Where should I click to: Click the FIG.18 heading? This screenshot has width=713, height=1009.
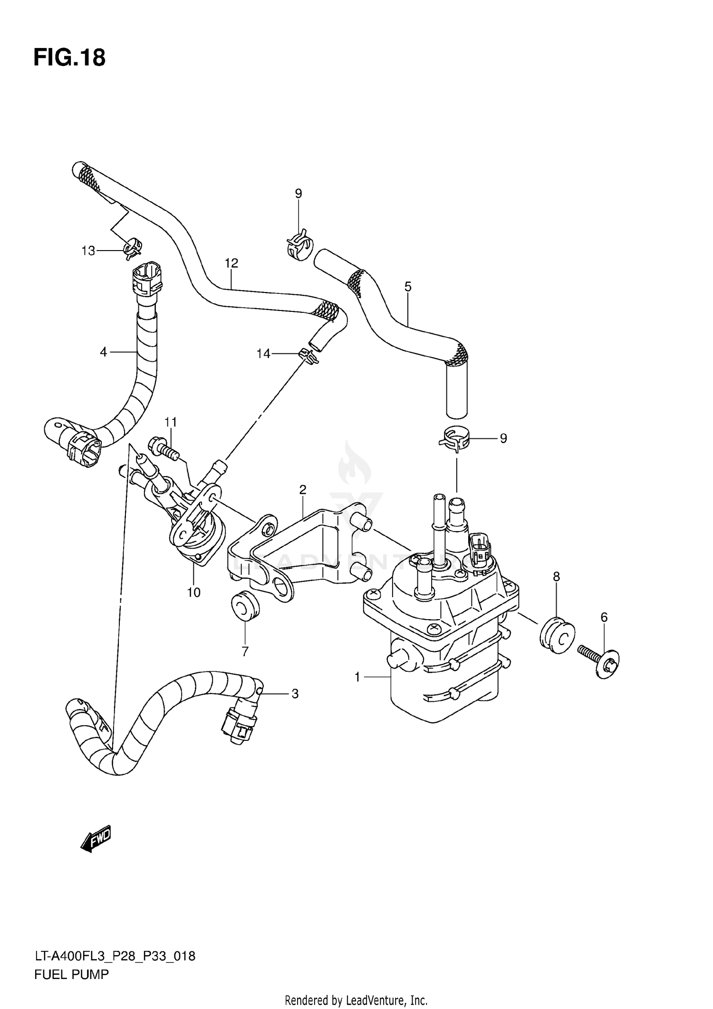click(69, 58)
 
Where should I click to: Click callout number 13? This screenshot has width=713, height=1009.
click(88, 251)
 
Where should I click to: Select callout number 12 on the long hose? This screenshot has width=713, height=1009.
click(231, 263)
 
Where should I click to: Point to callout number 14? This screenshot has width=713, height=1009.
click(263, 354)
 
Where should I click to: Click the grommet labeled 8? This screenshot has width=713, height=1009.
click(557, 634)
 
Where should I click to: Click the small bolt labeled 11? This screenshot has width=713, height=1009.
click(163, 447)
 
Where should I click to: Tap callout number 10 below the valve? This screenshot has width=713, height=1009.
click(194, 592)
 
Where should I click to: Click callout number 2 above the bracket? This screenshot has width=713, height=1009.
click(303, 489)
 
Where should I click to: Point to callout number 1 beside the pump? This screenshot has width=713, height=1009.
click(357, 677)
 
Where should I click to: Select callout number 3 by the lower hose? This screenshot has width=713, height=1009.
click(295, 694)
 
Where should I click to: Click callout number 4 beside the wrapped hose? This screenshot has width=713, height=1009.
click(104, 352)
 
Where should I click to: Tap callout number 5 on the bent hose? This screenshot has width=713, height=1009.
click(407, 287)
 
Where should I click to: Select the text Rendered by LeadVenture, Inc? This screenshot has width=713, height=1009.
click(356, 1000)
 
